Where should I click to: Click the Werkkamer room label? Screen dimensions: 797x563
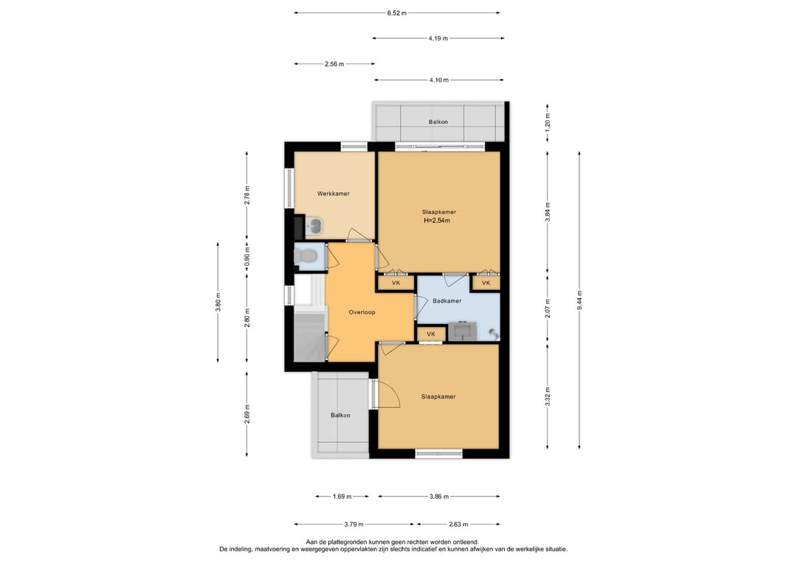[x=334, y=193]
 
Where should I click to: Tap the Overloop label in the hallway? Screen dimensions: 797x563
[x=362, y=313]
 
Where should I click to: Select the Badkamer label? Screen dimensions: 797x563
[x=447, y=301]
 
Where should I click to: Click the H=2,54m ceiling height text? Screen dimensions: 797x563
[x=437, y=221]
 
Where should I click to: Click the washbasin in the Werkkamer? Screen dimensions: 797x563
[x=315, y=225]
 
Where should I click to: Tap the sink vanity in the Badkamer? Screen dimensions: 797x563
[x=462, y=331]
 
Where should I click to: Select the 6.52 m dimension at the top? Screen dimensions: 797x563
[x=397, y=13]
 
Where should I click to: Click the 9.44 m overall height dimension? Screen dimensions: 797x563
[x=579, y=300]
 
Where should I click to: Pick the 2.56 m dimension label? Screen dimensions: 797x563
[x=334, y=64]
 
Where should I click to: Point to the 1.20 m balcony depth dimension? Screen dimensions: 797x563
[x=548, y=122]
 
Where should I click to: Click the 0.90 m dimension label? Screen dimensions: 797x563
[x=247, y=257]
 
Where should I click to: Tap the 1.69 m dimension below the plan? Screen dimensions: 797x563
[x=342, y=497]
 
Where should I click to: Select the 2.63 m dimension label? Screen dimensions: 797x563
[x=458, y=525]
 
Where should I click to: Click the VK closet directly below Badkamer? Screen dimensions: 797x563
[x=431, y=334]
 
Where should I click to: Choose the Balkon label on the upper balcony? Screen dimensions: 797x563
[x=438, y=122]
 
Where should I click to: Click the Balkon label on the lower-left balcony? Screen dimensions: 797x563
[x=340, y=415]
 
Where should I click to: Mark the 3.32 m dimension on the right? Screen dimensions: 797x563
[x=548, y=397]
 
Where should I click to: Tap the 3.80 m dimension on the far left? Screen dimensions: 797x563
[x=218, y=302]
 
